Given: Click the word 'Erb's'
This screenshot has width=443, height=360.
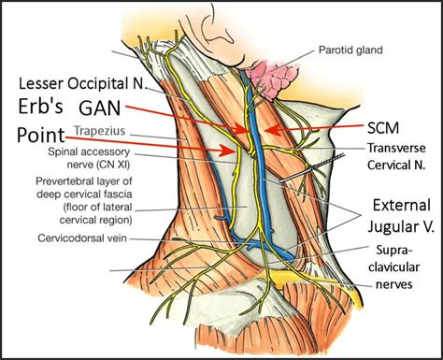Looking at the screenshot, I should pyautogui.click(x=42, y=106).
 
